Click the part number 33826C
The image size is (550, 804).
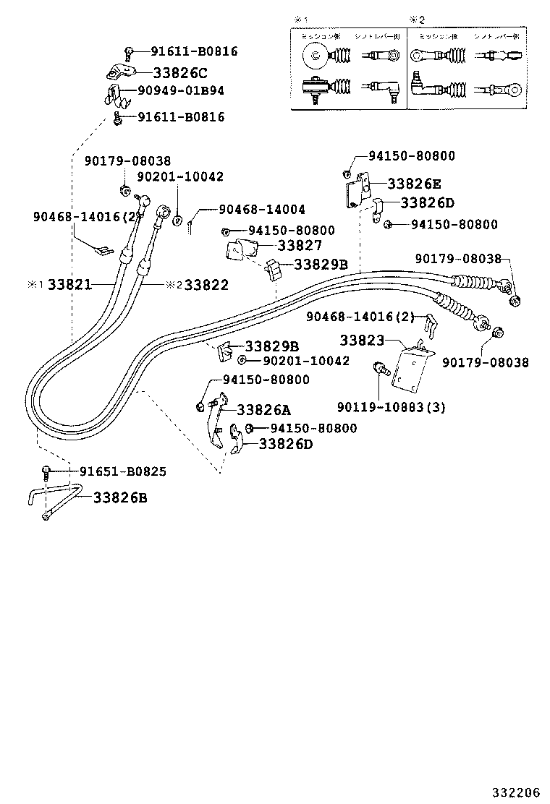[179, 72]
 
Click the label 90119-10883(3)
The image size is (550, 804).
[391, 407]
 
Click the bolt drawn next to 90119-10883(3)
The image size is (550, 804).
[379, 368]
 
